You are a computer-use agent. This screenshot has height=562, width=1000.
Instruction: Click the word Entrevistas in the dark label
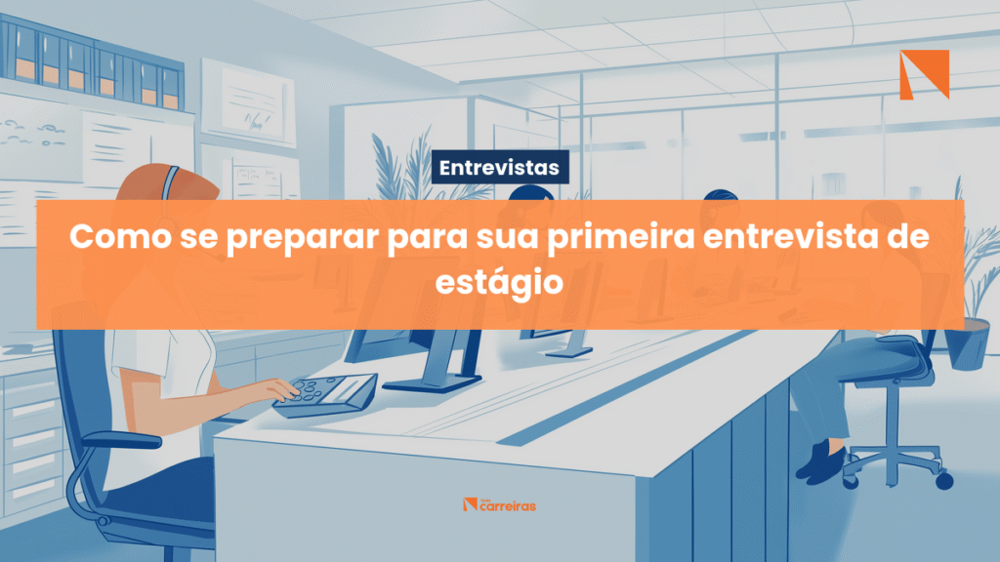click(x=499, y=168)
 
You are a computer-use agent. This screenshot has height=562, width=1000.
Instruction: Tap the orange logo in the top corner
click(x=924, y=74)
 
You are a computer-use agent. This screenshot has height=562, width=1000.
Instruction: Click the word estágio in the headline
click(x=499, y=283)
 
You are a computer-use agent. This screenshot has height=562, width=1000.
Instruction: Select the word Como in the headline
click(x=120, y=236)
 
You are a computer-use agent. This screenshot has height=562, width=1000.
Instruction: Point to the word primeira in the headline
click(x=621, y=238)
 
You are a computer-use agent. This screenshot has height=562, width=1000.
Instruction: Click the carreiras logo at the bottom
click(x=499, y=504)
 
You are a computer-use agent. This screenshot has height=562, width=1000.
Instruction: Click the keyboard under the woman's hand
click(x=326, y=395)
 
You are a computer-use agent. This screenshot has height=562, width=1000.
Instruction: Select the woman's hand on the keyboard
click(x=279, y=388)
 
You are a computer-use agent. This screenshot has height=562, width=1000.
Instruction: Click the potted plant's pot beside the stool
click(x=968, y=343)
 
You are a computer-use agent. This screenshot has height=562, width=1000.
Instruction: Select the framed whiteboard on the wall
click(x=249, y=101)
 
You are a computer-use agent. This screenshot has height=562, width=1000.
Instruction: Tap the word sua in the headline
click(x=507, y=236)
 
